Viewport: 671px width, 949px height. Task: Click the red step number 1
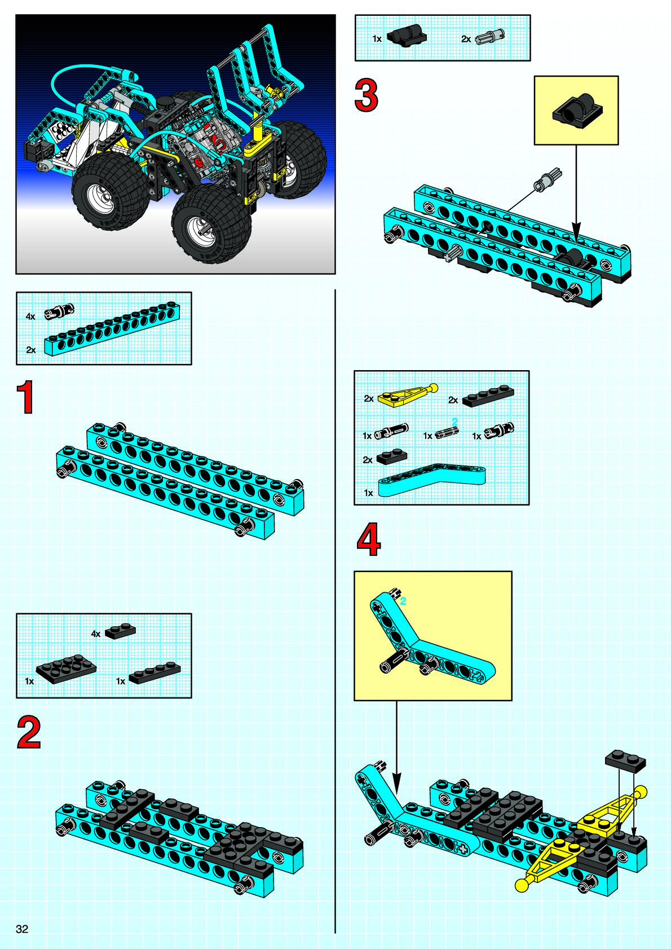(26, 397)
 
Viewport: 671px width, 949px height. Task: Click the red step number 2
(28, 732)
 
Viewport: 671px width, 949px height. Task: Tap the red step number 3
(366, 96)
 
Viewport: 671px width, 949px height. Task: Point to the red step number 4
(369, 539)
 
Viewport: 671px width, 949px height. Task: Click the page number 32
(22, 929)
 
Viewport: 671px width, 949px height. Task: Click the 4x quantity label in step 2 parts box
(96, 634)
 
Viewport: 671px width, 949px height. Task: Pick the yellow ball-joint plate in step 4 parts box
(408, 394)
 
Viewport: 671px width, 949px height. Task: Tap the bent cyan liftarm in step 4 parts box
(432, 479)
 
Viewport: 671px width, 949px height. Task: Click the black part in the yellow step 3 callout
(577, 111)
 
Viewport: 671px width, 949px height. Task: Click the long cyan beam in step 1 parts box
(112, 329)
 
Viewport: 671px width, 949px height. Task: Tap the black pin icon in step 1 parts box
(59, 312)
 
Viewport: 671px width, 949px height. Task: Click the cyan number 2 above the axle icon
(454, 421)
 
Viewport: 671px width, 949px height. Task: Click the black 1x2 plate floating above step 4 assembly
(625, 761)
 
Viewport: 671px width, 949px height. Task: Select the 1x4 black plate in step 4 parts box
(488, 396)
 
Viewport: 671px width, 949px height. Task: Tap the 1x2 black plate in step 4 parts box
(391, 456)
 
